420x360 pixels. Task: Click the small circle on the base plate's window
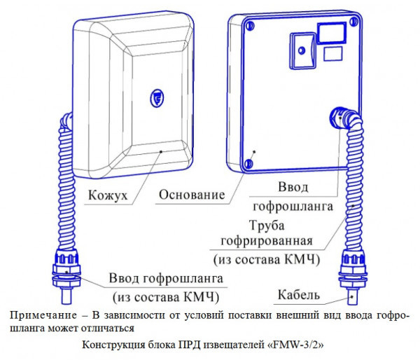[299, 51]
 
